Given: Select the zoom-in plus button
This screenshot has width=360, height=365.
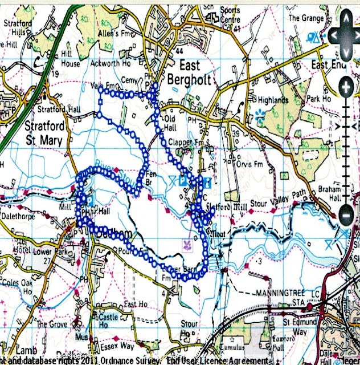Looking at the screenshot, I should coord(345,87).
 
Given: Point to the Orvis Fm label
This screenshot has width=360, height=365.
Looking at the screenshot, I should coord(248,160).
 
